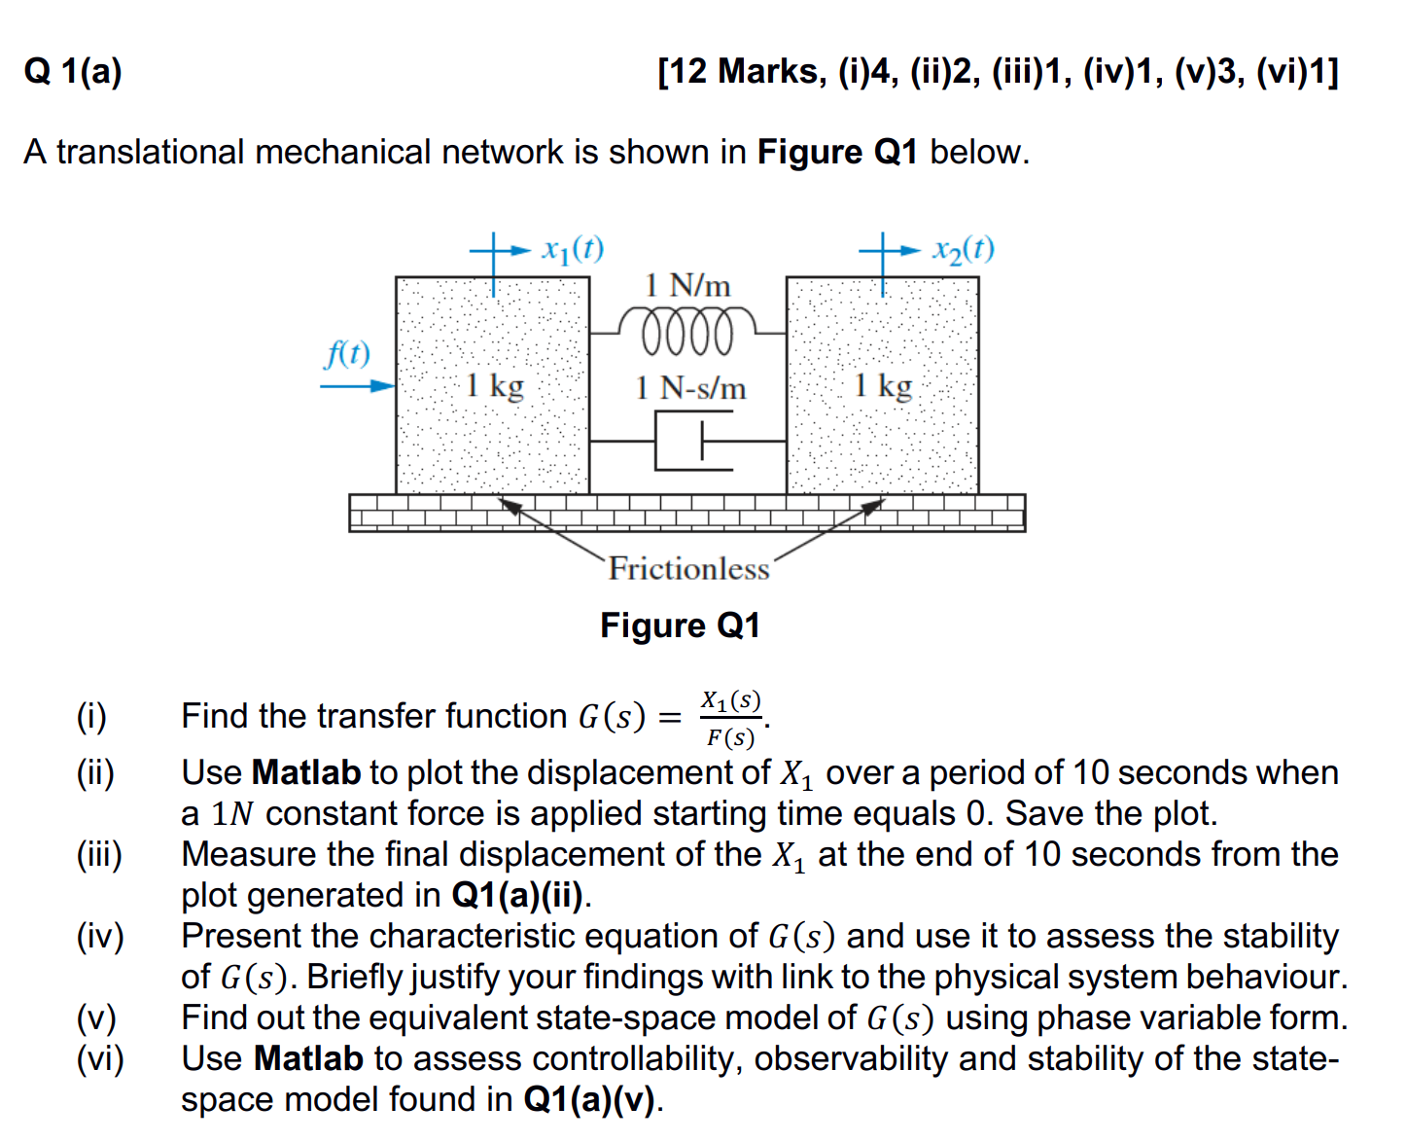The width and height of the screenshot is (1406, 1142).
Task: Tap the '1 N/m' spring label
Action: pyautogui.click(x=687, y=285)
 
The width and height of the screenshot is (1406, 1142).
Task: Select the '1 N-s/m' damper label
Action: pyautogui.click(x=690, y=388)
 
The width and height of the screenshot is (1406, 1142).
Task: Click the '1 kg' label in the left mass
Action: pyautogui.click(x=494, y=385)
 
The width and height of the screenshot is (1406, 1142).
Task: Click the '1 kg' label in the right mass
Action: pyautogui.click(x=883, y=385)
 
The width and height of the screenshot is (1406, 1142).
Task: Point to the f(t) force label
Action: pyautogui.click(x=347, y=353)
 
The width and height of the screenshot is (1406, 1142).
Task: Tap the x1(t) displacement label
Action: pyautogui.click(x=573, y=250)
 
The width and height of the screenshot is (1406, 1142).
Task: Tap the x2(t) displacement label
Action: pyautogui.click(x=963, y=250)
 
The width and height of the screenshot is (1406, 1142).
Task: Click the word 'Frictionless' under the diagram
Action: pyautogui.click(x=688, y=568)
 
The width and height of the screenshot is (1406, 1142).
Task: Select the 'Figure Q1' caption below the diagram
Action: pyautogui.click(x=680, y=625)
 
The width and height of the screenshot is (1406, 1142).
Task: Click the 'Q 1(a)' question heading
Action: pyautogui.click(x=74, y=71)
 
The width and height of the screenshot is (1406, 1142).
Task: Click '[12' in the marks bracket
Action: pyautogui.click(x=685, y=71)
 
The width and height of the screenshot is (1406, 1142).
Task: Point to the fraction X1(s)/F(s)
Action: pyautogui.click(x=731, y=719)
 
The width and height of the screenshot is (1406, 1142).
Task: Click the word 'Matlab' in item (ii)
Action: pyautogui.click(x=306, y=772)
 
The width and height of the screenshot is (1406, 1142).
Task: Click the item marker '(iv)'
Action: pyautogui.click(x=100, y=936)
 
